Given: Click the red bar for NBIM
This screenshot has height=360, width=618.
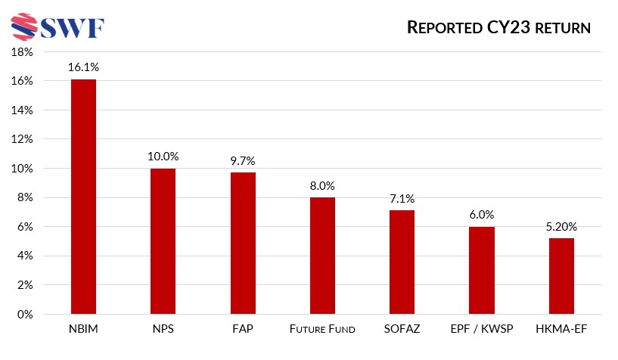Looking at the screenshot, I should coord(83,197).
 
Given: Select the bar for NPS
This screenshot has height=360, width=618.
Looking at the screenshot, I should coord(163,241).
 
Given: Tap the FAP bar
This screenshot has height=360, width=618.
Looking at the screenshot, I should coord(243,244).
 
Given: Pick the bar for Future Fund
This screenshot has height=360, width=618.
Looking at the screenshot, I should coord(322,256).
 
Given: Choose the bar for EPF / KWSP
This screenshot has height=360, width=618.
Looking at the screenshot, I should coord(481,271).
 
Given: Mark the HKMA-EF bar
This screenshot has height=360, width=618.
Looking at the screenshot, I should coord(561,276).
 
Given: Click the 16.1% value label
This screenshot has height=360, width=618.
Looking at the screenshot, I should coord(83,67).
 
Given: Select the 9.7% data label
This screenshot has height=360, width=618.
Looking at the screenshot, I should coord(243,160).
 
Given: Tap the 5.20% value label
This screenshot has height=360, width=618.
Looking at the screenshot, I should coord(561,226).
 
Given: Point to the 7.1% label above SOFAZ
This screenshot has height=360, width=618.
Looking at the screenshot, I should coord(402,198).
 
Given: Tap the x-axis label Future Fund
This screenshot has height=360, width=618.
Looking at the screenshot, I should coord(322,330).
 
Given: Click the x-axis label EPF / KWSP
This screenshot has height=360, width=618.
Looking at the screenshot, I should coord(481,330).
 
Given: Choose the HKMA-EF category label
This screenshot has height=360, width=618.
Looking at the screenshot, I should coord(561,330).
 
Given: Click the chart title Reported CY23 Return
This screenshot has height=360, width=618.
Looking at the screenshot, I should coord(498,28).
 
